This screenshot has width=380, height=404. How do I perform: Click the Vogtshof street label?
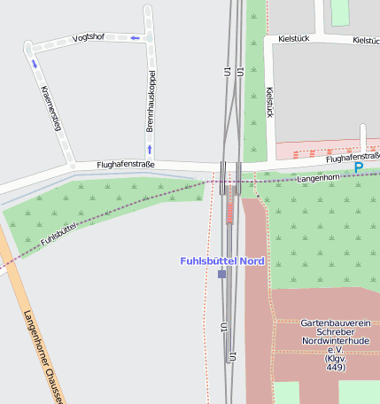pyautogui.click(x=89, y=37)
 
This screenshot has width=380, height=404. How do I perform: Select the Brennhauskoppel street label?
pyautogui.click(x=151, y=102)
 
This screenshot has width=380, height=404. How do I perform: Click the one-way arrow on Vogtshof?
pyautogui.click(x=135, y=38)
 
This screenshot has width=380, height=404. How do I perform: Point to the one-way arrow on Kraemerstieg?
pyautogui.click(x=35, y=64)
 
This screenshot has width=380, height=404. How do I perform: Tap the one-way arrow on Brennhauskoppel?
pyautogui.click(x=149, y=149)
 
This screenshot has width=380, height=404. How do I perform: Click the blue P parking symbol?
pyautogui.click(x=359, y=167)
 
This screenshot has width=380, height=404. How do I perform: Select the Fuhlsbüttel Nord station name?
pyautogui.click(x=221, y=260)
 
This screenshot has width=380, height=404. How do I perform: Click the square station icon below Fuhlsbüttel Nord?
pyautogui.click(x=221, y=275)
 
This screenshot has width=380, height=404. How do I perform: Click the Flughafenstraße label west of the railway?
pyautogui.click(x=126, y=164)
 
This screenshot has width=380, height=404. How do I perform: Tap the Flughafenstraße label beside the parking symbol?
pyautogui.click(x=351, y=157)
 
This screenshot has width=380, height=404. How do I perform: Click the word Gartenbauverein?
pyautogui.click(x=335, y=324)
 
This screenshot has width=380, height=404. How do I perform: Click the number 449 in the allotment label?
pyautogui.click(x=335, y=367)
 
